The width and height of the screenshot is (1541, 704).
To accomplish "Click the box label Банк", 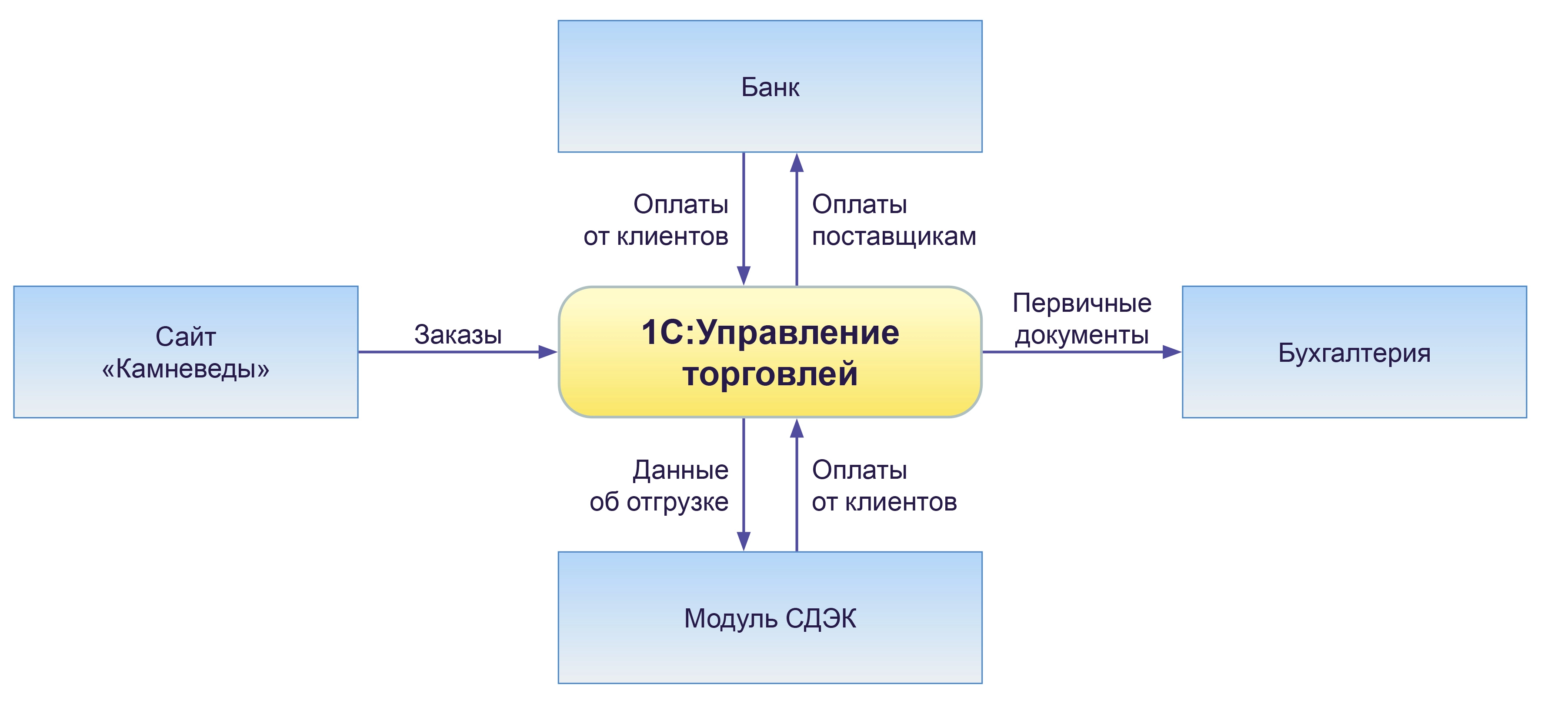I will pos(770,87).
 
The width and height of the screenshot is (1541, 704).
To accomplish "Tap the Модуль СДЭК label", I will pos(770,618).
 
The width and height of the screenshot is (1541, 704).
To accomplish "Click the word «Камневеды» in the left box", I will pos(185,369).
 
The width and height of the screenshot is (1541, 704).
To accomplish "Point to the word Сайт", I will pos(185,337).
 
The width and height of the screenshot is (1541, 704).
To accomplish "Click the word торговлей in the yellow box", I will pos(770,374).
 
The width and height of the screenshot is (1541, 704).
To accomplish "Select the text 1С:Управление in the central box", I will pos(770,333).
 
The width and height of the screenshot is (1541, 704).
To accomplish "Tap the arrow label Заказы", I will pos(457,334).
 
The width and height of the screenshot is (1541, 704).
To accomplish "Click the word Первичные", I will pos(1081,303).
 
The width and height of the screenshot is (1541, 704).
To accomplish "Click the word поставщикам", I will pos(894,237).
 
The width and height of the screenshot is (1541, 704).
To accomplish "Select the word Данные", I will pos(681,470).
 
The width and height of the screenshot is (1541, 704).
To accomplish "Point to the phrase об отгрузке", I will pos(659,502).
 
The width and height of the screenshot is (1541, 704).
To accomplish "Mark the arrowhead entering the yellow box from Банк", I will pos(744,275).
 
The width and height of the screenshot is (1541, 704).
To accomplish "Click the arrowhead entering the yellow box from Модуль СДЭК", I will pos(796,429).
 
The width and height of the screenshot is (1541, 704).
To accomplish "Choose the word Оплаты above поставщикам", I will pos(859,204).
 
